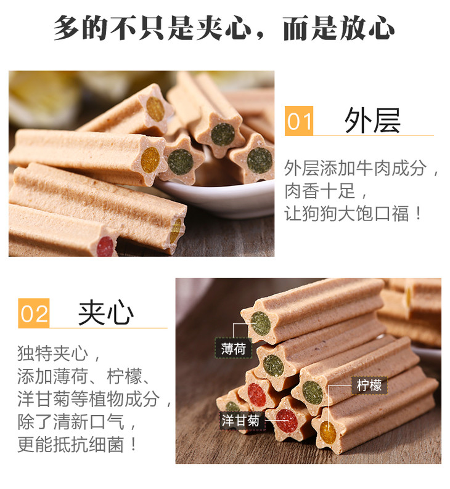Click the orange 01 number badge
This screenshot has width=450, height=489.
point(298,121)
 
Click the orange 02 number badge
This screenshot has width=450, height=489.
point(34,313)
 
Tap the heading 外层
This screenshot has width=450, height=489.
point(372,121)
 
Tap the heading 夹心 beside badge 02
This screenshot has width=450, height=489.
point(106,313)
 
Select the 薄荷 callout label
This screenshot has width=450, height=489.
point(233,348)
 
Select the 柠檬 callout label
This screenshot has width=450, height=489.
point(369,386)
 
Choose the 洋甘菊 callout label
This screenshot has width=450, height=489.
point(240,421)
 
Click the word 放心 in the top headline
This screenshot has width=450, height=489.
point(367,28)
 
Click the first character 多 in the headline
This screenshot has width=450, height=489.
point(67,28)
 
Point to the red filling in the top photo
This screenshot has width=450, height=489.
point(105,246)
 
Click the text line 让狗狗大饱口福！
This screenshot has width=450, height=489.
point(353,214)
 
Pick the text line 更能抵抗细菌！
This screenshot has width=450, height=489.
point(77,444)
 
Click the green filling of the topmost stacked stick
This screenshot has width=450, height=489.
point(261,324)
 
